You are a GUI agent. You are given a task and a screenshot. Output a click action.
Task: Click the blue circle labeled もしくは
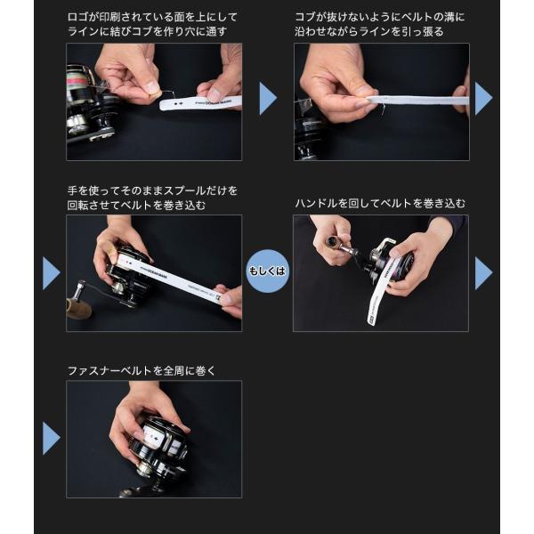[x=268, y=271]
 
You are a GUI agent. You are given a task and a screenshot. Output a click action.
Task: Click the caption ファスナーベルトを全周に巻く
[x=142, y=370]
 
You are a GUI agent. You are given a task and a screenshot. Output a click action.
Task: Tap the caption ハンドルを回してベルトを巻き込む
[x=380, y=203]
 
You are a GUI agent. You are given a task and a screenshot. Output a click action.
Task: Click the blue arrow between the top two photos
[x=268, y=98]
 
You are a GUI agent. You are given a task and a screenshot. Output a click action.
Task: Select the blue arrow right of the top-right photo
[x=483, y=98]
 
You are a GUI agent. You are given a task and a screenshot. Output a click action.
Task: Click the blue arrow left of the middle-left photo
[x=52, y=273]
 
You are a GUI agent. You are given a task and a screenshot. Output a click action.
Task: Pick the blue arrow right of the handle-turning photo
[x=483, y=273]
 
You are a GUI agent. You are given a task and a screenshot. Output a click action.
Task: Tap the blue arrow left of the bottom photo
[x=52, y=438]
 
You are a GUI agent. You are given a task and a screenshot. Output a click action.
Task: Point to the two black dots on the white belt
[x=178, y=103]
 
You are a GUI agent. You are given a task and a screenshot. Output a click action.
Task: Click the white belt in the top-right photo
[x=418, y=100]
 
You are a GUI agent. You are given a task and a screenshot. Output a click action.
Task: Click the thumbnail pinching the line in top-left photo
[x=152, y=88]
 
